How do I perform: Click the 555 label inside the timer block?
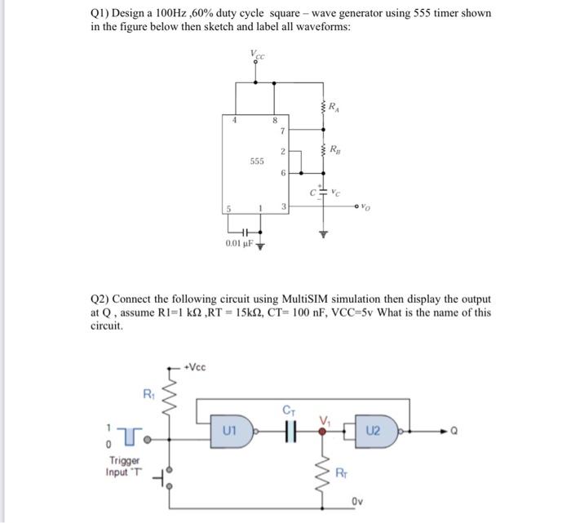coord(257,162)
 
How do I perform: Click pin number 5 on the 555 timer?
coord(231,208)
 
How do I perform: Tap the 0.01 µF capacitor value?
coord(237,243)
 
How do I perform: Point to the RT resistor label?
coord(343,472)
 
